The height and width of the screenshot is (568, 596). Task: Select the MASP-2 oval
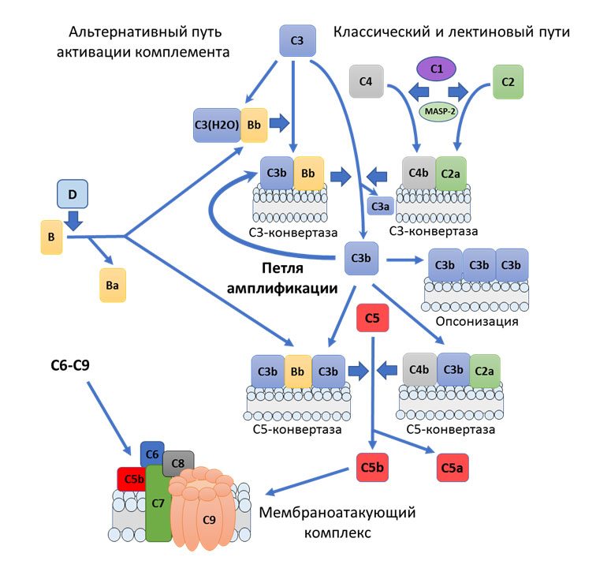coord(442,111)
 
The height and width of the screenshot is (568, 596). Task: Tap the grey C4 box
coord(366,81)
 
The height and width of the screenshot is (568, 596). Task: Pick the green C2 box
coord(508,81)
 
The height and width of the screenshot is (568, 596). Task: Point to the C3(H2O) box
coord(217,125)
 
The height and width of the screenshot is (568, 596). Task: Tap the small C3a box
coord(379,207)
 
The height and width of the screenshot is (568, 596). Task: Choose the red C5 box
coord(373,319)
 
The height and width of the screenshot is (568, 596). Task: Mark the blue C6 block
coord(151,454)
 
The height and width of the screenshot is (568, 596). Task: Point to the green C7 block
coord(158,513)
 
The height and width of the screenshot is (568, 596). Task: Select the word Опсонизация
coord(476,322)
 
